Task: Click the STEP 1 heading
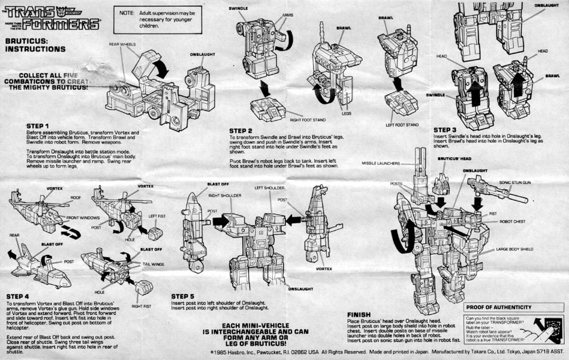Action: (x=37, y=126)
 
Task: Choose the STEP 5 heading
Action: (x=183, y=296)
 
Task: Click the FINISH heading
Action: (x=359, y=314)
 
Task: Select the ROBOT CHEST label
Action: (x=511, y=221)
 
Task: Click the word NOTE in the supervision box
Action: (x=127, y=12)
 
